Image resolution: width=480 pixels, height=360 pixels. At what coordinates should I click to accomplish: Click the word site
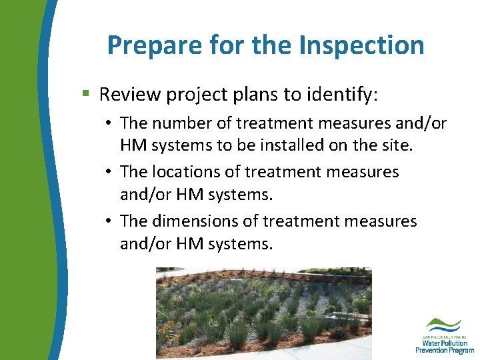coord(397,145)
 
